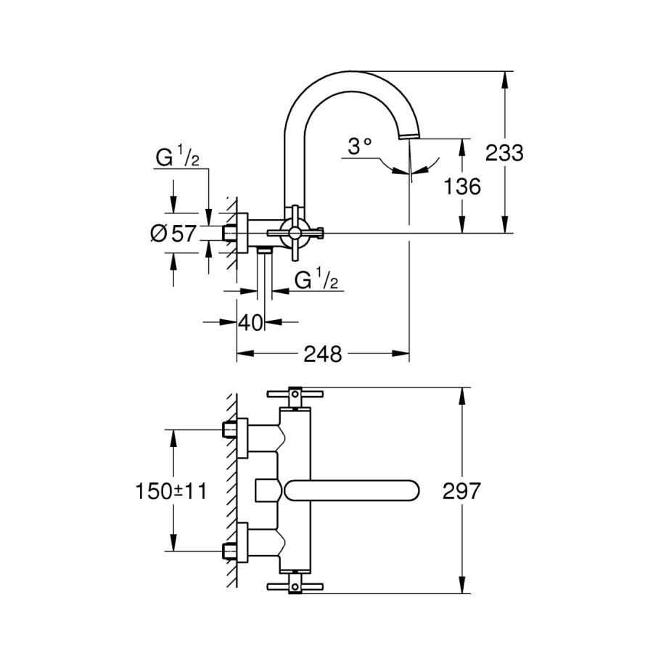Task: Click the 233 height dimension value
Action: tap(504, 153)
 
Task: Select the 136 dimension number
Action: tap(461, 186)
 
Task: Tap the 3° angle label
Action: tap(359, 147)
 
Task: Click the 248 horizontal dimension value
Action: tap(322, 354)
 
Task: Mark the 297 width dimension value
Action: tap(461, 491)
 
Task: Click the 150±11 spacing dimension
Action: tap(171, 491)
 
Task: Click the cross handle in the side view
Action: tap(295, 233)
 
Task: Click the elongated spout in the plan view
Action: tap(352, 490)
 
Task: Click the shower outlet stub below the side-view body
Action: tap(266, 251)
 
